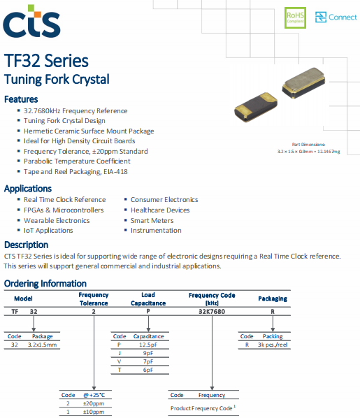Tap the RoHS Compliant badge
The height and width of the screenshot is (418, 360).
295,17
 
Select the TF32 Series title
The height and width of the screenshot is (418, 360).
46,60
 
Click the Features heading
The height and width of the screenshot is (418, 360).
21,99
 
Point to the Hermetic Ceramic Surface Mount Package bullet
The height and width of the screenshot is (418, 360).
89,131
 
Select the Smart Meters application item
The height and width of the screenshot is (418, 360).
152,220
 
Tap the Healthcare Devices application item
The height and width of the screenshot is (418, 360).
160,210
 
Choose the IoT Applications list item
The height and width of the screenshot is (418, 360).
48,230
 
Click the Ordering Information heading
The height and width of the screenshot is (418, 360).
45,283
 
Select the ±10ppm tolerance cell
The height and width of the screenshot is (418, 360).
94,412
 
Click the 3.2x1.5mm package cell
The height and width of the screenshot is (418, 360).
41,345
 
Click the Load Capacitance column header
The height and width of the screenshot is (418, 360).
148,299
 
